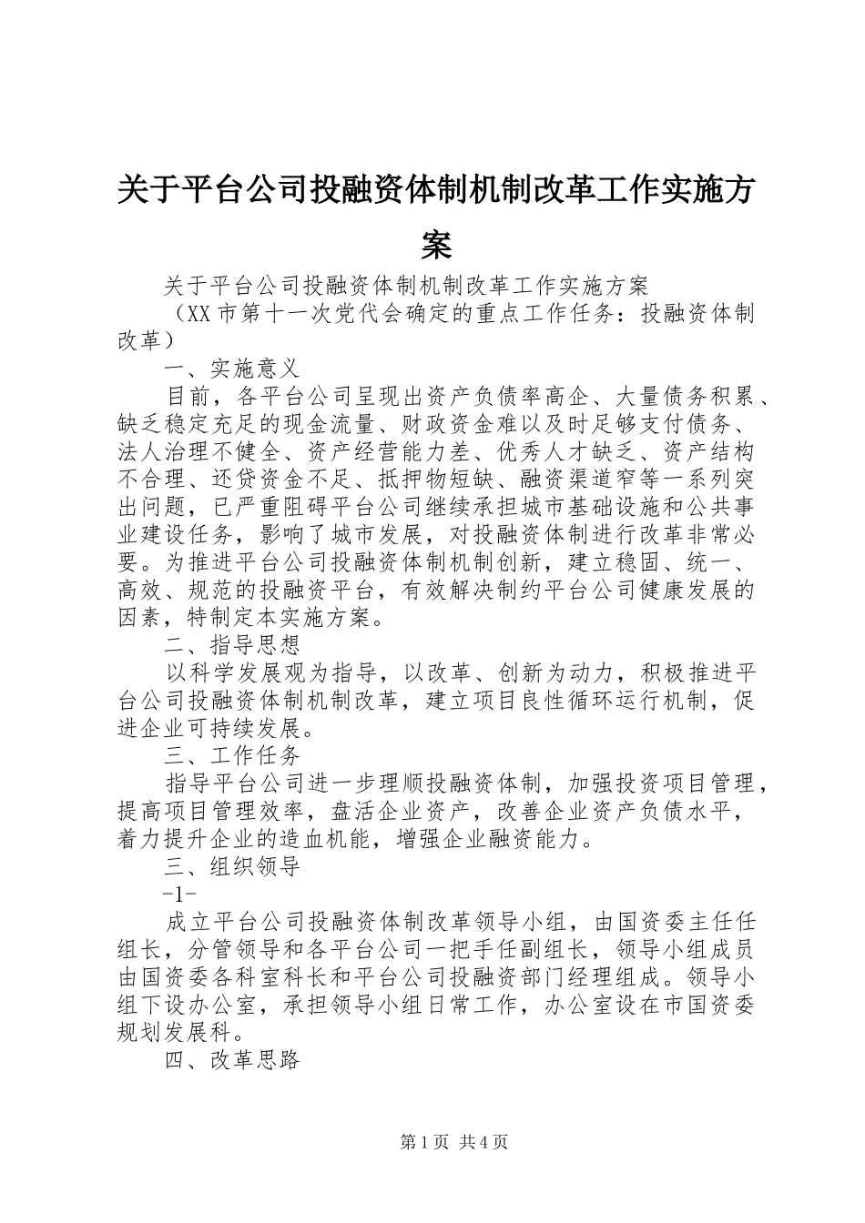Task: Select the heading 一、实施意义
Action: coord(232,369)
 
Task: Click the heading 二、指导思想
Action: coord(232,646)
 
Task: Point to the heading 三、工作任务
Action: coord(232,755)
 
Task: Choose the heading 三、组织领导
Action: coord(232,866)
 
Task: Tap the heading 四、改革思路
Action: coord(232,1060)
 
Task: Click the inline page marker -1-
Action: coord(178,894)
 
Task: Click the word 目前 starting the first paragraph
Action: coord(188,397)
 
